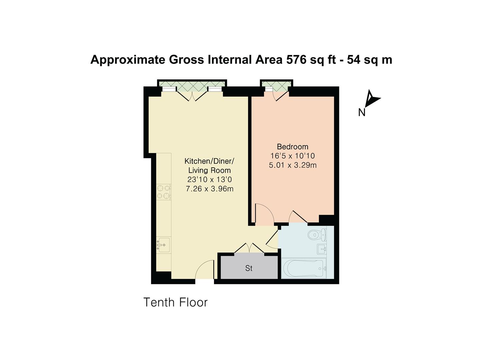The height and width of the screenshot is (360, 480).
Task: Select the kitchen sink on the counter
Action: point(164,245)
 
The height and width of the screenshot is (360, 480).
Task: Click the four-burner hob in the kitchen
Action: point(164,192)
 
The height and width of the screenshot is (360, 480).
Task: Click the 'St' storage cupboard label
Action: point(249,268)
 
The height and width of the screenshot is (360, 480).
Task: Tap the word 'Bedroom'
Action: point(292,147)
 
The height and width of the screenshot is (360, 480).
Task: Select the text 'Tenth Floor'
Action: point(175,302)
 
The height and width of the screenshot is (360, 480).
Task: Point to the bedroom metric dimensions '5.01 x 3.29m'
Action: point(292,165)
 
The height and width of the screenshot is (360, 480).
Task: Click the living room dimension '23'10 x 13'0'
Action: point(209,180)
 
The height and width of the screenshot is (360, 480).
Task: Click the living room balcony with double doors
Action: point(192,86)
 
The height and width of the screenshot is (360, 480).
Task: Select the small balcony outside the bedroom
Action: point(276,86)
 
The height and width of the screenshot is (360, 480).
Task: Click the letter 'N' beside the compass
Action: point(362,113)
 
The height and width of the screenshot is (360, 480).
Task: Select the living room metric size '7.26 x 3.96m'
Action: point(209,189)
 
